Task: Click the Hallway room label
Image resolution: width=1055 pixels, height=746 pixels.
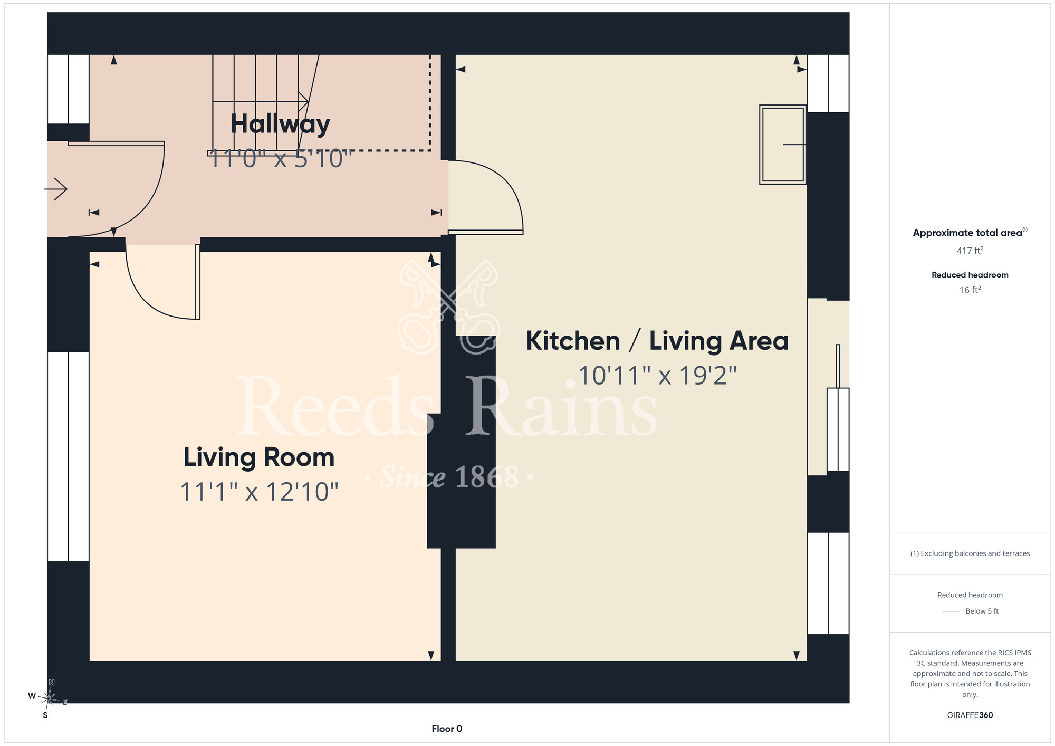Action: pos(280,125)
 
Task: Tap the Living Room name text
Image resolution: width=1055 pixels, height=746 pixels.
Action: pos(259,457)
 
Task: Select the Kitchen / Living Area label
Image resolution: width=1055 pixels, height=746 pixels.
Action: pos(657,341)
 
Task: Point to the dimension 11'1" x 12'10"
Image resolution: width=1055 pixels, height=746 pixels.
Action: pos(259,492)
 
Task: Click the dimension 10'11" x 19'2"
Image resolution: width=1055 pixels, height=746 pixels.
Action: pos(657,376)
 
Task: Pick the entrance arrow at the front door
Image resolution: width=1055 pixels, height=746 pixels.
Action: pos(56,189)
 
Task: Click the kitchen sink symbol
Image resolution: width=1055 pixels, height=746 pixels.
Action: pos(783,145)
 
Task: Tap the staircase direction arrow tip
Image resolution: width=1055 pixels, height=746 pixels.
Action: pos(309,101)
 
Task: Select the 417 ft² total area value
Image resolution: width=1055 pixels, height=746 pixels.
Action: pos(970,251)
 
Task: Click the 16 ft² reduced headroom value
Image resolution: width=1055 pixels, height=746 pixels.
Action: pos(970,290)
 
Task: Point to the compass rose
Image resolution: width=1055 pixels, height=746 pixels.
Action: pos(49,698)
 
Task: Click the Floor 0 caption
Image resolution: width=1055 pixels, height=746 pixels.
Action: pos(447,729)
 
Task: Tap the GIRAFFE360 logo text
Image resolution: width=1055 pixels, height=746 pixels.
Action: pos(970,715)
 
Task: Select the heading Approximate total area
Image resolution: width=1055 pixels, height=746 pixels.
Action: pos(970,233)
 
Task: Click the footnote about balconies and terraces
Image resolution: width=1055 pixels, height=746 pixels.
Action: pos(970,553)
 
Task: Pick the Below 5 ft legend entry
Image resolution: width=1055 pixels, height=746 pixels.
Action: pos(982,611)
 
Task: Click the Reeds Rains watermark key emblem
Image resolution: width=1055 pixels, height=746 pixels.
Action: pos(449,305)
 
